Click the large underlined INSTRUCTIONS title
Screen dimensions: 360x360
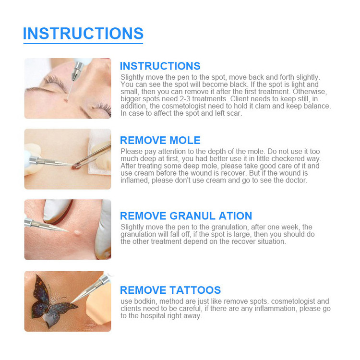pos(83,34)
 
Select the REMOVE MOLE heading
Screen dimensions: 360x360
pos(160,140)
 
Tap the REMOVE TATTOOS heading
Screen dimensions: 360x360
pos(170,290)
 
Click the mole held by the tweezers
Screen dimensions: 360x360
pos(76,166)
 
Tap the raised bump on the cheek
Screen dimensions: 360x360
pos(77,232)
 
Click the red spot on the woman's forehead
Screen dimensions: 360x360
pos(67,100)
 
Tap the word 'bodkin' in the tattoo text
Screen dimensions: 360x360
pos(145,301)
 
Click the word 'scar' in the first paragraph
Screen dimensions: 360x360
pos(234,113)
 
